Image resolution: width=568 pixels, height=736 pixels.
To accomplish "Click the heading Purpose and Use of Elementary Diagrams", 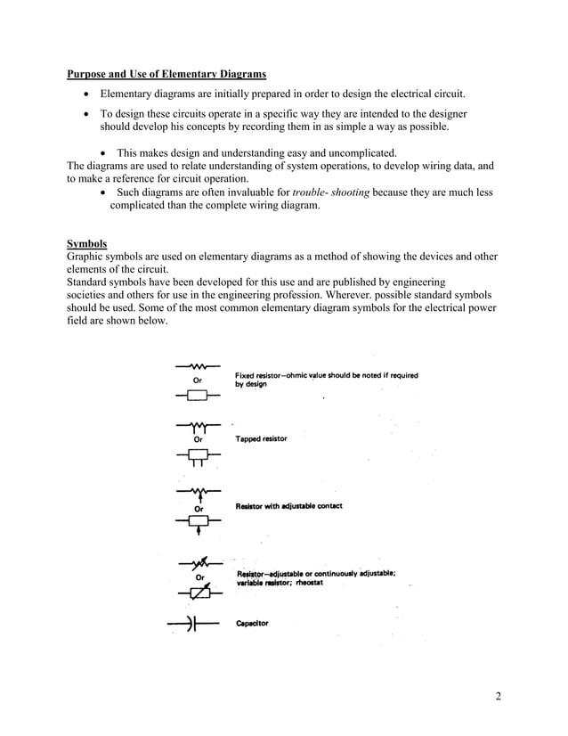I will (x=166, y=73).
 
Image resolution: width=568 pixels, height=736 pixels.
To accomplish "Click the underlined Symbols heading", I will (x=87, y=243).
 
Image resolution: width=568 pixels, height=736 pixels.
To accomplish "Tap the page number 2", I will (x=498, y=696).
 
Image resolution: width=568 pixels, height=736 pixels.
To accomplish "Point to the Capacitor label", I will (x=252, y=624).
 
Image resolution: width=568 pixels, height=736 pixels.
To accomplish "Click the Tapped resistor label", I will (x=261, y=438).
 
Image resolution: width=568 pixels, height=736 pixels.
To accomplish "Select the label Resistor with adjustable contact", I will (x=288, y=506).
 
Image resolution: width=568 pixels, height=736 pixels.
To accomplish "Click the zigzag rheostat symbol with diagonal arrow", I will (x=199, y=564).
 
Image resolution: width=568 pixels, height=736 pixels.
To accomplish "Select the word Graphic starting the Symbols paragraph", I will (x=86, y=257).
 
